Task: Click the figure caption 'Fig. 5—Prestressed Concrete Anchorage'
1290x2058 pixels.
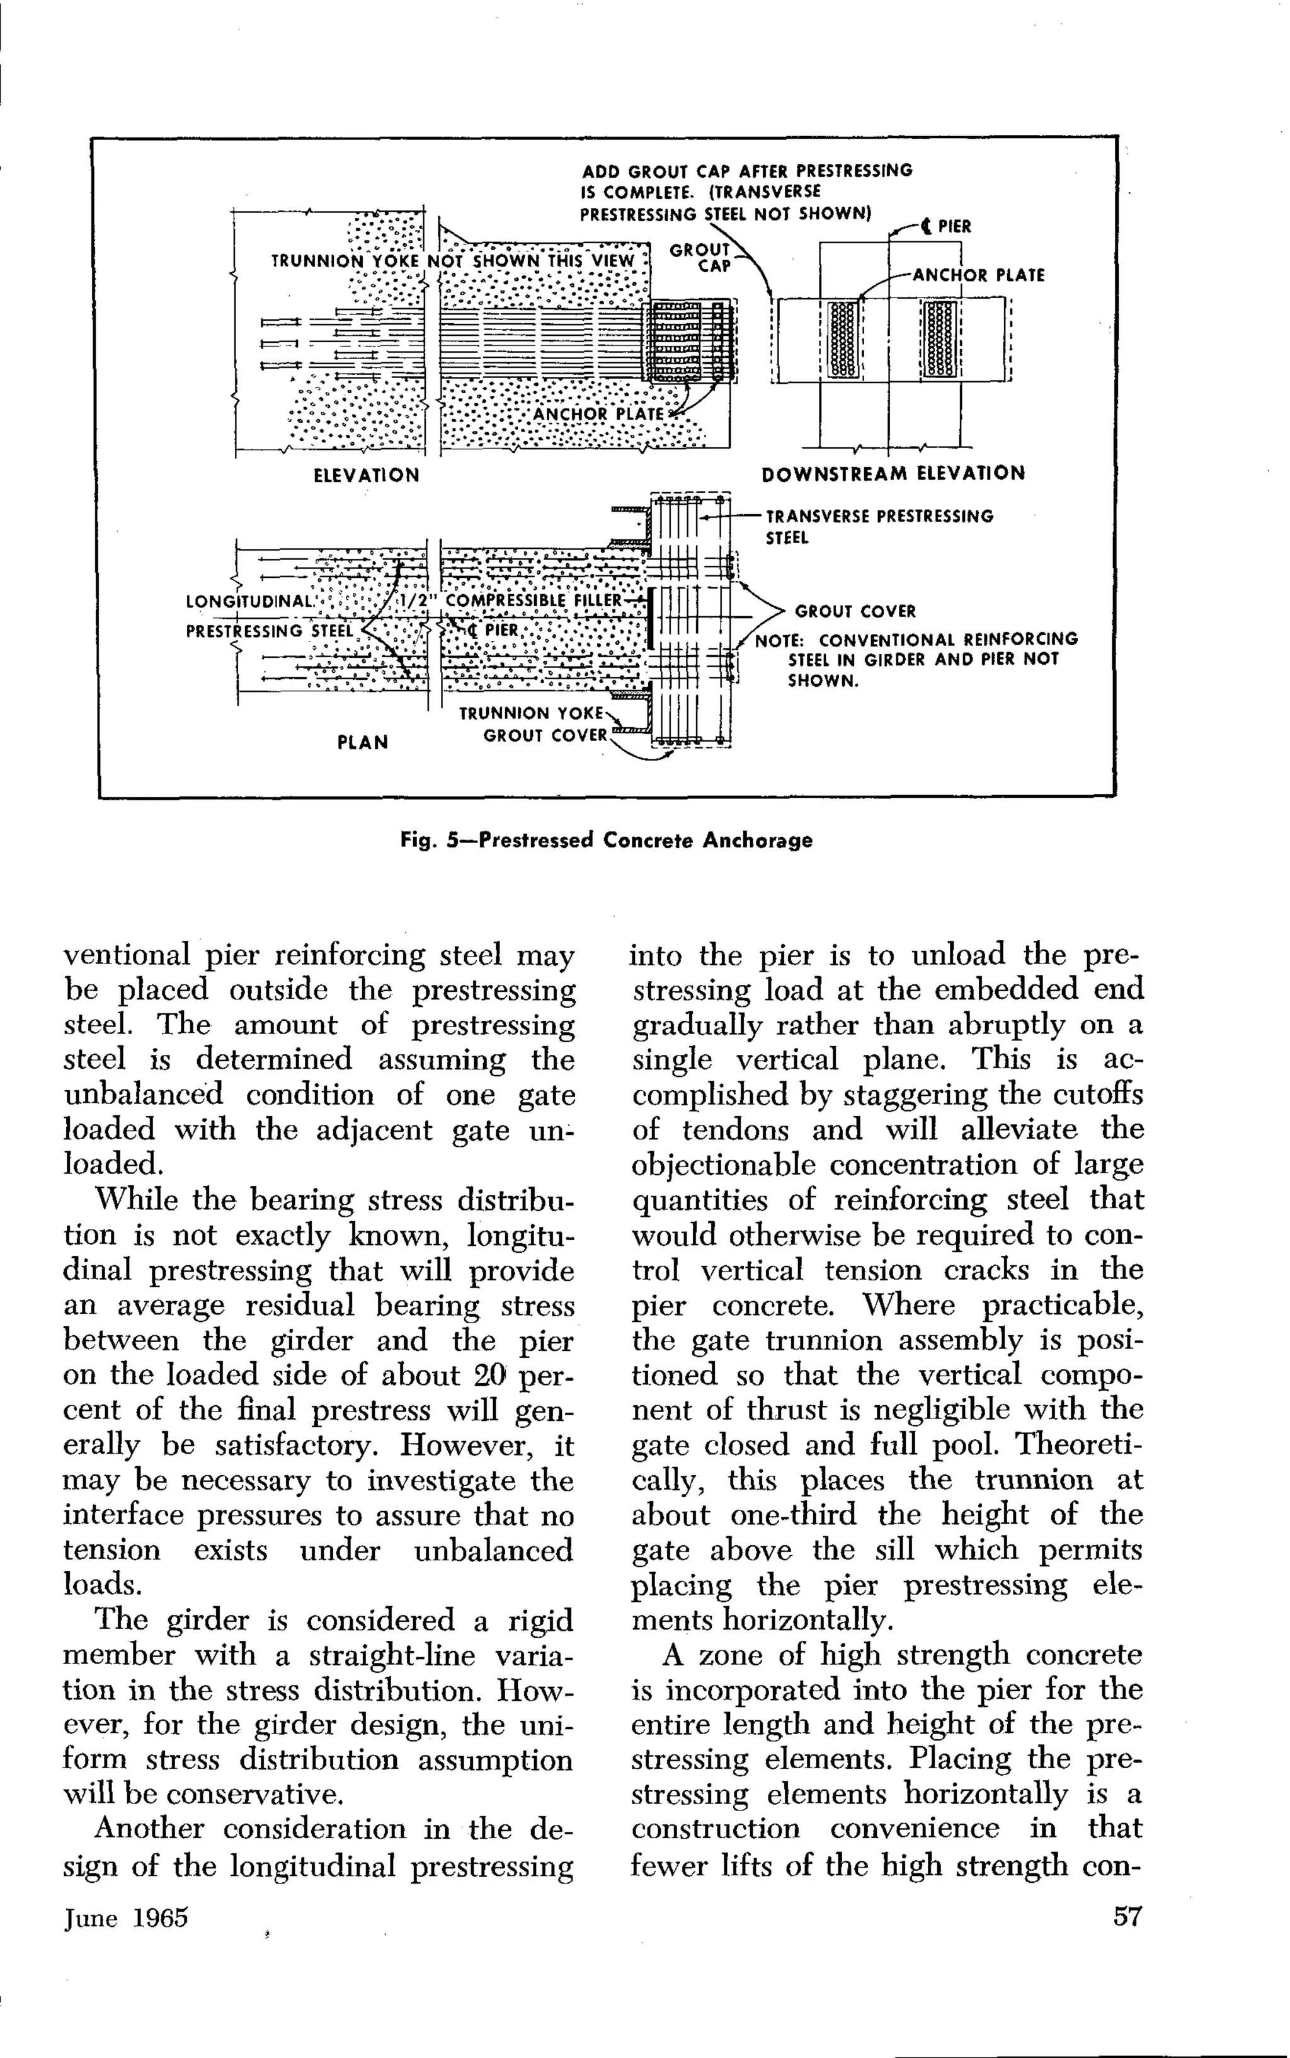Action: click(x=607, y=841)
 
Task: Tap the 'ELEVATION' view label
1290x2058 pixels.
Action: click(x=367, y=475)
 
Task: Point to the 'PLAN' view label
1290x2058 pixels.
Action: click(x=363, y=742)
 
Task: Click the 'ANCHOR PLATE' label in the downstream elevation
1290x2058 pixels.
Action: click(x=978, y=275)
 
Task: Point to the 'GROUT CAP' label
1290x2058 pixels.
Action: click(x=700, y=257)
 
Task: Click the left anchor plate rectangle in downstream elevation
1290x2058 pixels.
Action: click(x=842, y=339)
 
